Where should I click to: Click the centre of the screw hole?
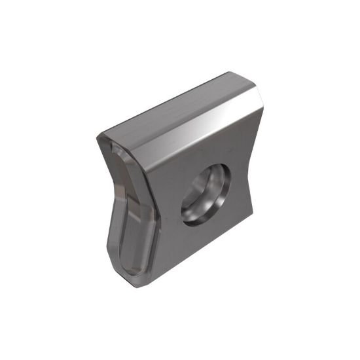click(206, 194)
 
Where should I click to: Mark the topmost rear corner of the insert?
click(230, 73)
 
